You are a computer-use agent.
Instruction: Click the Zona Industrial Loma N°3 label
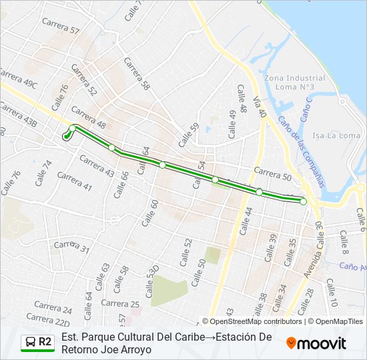[294, 83]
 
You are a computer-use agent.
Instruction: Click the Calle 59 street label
[189, 135]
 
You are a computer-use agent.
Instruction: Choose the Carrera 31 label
[71, 247]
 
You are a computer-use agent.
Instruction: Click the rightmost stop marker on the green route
[303, 201]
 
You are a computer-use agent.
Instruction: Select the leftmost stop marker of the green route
[65, 137]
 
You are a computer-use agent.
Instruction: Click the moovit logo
[316, 343]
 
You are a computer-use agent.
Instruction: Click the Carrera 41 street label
[74, 181]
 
